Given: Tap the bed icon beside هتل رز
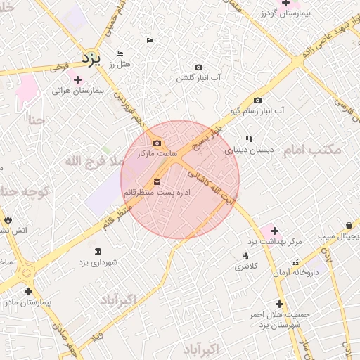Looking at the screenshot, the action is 120,53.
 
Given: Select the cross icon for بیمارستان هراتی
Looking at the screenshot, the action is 77,79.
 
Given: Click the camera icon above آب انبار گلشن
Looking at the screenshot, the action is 198,67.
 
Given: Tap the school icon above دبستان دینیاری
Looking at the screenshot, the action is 249,139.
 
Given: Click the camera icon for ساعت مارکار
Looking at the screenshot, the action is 156,143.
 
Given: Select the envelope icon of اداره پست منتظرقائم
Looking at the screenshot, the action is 156,181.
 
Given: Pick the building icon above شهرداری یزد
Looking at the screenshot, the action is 97,251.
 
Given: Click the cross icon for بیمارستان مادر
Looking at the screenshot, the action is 28,291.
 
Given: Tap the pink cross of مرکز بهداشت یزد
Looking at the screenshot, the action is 274,231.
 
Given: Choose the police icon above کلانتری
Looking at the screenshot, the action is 245,255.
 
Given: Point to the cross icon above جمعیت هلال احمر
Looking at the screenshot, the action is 279,304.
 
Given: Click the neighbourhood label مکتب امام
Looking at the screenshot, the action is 312,150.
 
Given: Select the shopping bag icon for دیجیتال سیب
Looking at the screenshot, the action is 349,225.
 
